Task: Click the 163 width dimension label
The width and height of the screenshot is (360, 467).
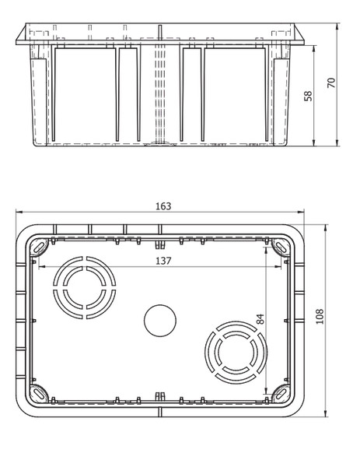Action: (163, 206)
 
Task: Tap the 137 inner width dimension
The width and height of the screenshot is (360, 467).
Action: (163, 261)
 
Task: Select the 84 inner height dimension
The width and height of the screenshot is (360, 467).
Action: (260, 319)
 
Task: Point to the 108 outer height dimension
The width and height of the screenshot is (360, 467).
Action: (320, 316)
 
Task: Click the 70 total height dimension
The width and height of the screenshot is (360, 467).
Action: (331, 83)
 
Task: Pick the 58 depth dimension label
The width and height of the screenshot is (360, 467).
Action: (308, 96)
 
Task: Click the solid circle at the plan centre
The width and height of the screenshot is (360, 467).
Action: (160, 321)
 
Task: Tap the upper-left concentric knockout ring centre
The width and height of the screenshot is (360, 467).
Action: (85, 287)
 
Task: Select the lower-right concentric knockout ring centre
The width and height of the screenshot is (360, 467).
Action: (236, 353)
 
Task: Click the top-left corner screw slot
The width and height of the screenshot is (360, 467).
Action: (40, 247)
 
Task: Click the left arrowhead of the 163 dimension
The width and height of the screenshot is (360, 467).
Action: (19, 212)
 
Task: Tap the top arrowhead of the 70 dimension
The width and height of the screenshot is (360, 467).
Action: (337, 26)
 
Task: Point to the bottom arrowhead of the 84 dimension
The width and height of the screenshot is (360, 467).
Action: (266, 392)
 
